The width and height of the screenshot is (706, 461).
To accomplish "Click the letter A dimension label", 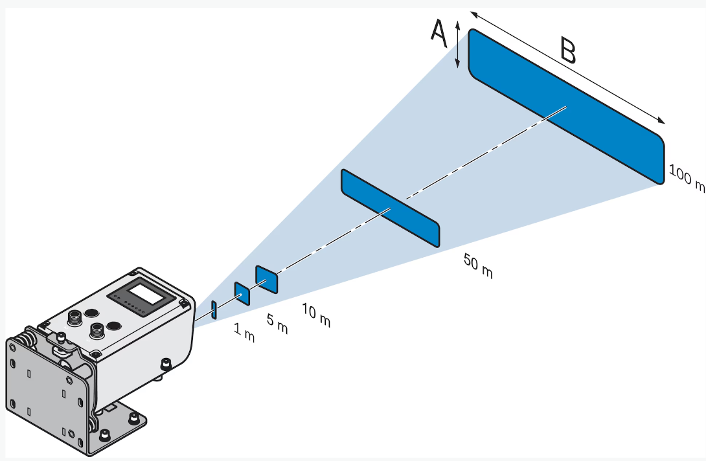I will pyautogui.click(x=439, y=34).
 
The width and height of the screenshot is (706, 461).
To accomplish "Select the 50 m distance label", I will pyautogui.click(x=478, y=266).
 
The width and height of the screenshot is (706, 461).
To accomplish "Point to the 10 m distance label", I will pyautogui.click(x=316, y=315).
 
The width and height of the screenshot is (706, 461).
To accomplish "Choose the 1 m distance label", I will pyautogui.click(x=244, y=334).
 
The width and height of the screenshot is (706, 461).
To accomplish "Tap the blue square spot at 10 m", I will pyautogui.click(x=267, y=279).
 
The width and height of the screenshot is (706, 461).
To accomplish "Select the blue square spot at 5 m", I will pyautogui.click(x=242, y=294).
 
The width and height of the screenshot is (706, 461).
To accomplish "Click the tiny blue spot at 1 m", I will pyautogui.click(x=214, y=309).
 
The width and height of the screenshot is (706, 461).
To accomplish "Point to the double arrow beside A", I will pyautogui.click(x=457, y=44).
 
